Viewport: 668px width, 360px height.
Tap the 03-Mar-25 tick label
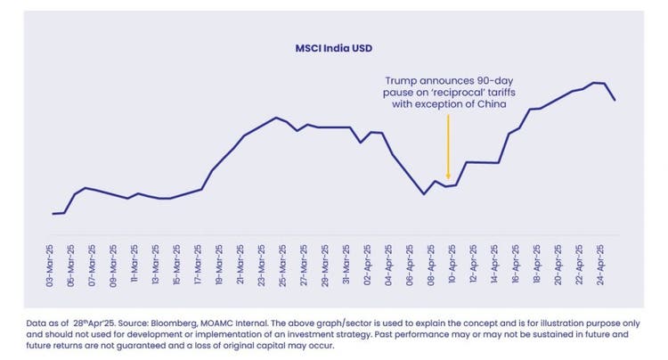click(x=51, y=263)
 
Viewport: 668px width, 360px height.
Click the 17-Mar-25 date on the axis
click(x=199, y=263)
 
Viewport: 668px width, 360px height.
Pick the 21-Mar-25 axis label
click(x=240, y=263)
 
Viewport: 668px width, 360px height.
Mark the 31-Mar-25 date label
click(x=346, y=263)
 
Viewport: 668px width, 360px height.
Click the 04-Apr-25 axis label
click(x=389, y=263)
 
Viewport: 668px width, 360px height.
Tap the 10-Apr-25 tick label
click(x=452, y=263)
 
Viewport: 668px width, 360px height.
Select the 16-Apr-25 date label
click(x=516, y=263)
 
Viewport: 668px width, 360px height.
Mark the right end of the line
click(x=615, y=100)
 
